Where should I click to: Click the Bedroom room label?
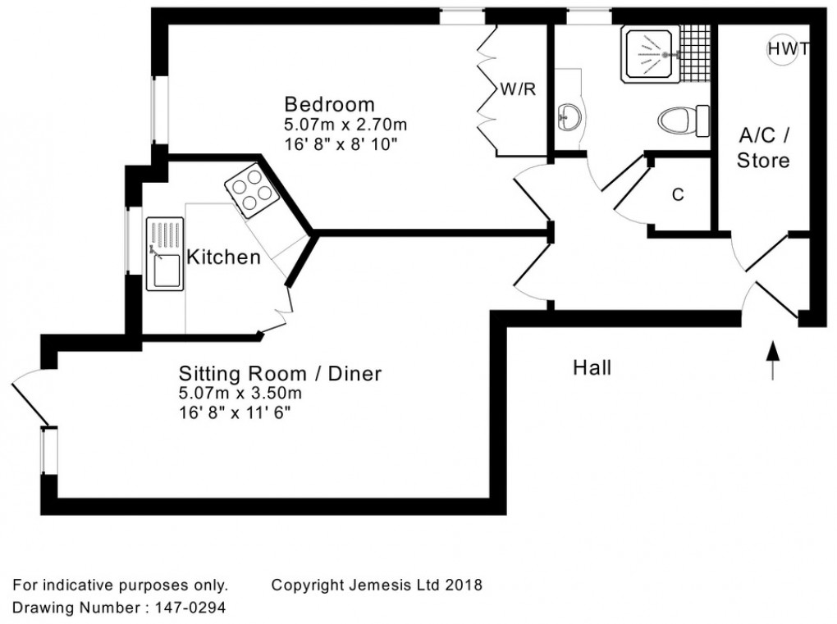[x=329, y=105]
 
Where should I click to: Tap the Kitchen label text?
[x=224, y=257]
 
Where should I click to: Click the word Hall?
[x=592, y=368]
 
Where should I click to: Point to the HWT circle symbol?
[x=781, y=49]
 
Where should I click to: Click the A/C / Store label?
[x=763, y=148]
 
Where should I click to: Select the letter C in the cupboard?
[x=678, y=195]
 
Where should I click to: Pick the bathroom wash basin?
[x=568, y=116]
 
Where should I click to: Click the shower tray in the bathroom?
[x=651, y=54]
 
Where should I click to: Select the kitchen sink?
[x=166, y=253]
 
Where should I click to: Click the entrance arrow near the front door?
[x=771, y=362]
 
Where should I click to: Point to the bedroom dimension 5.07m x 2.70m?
[x=345, y=125]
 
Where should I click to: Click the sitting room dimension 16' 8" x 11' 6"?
[x=235, y=412]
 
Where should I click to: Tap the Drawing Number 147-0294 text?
[x=119, y=608]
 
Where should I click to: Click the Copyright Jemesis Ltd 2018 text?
[x=377, y=585]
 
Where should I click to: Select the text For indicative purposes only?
[x=120, y=585]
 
